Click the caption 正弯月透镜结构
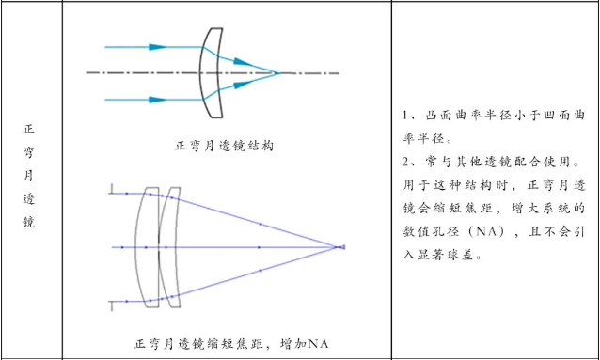coord(224,146)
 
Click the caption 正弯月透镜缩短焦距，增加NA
coord(231,344)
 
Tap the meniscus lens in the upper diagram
coord(211,72)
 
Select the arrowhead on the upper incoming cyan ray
coord(158,47)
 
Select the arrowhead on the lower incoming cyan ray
coord(158,100)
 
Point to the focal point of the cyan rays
coord(277,72)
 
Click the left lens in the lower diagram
coord(148,247)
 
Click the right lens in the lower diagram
coord(170,247)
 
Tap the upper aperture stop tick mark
coord(111,189)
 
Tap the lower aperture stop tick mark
coord(111,305)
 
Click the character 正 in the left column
coord(29,129)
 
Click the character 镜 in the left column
coord(29,222)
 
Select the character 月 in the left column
coord(29,176)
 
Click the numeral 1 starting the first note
coord(406,116)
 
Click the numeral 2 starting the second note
coord(406,162)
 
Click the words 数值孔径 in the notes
coord(427,232)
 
